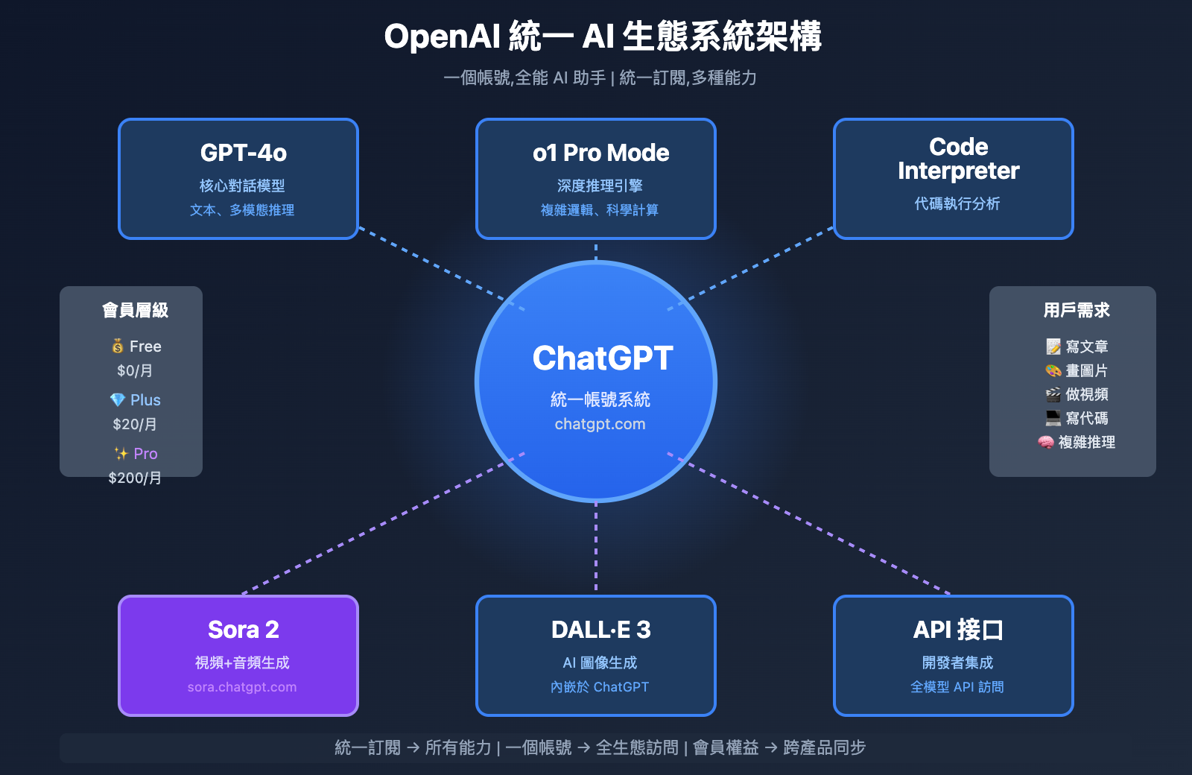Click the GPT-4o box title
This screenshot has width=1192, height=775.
click(x=243, y=153)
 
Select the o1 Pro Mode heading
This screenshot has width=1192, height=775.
click(x=600, y=153)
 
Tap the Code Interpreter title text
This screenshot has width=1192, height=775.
click(x=958, y=159)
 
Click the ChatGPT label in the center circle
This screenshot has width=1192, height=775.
click(x=603, y=358)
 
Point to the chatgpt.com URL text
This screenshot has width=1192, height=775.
click(x=600, y=424)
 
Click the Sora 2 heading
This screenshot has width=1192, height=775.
click(x=243, y=630)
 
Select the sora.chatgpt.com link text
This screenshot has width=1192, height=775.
click(x=242, y=687)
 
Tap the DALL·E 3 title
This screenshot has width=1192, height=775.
click(x=600, y=630)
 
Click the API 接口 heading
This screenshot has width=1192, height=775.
click(x=958, y=630)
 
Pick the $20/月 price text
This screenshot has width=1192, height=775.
click(x=135, y=424)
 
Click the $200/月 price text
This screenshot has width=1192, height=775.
click(x=135, y=478)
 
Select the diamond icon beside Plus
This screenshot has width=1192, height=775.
click(x=118, y=400)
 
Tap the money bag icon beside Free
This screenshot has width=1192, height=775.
click(x=118, y=347)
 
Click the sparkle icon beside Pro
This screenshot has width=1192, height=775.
click(x=121, y=454)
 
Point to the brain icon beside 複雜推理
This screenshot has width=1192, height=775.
click(x=1046, y=442)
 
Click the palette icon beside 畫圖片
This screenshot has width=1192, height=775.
click(x=1053, y=370)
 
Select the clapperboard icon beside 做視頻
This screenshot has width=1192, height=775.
click(x=1053, y=394)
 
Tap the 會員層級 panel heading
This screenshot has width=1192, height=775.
click(x=135, y=310)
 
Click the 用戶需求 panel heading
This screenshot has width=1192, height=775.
click(x=1077, y=310)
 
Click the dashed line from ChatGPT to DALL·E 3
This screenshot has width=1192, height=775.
click(x=596, y=548)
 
